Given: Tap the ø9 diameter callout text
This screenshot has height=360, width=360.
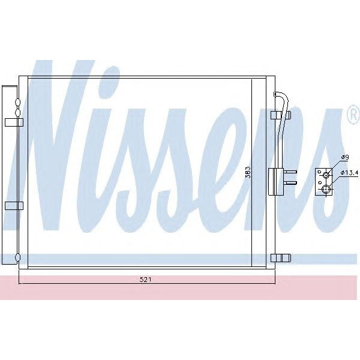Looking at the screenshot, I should pyautogui.click(x=344, y=158).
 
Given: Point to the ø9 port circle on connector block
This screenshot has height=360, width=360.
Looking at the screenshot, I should pyautogui.click(x=326, y=175).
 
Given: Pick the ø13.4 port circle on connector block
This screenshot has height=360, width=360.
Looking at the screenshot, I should pyautogui.click(x=326, y=190).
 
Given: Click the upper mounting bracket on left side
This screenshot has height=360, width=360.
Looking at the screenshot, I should pyautogui.click(x=13, y=122).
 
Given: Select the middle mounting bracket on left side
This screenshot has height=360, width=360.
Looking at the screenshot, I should pyautogui.click(x=13, y=205).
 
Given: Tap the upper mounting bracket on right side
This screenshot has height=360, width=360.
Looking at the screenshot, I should pyautogui.click(x=277, y=115).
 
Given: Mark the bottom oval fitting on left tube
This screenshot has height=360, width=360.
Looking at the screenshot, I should pyautogui.click(x=17, y=259).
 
